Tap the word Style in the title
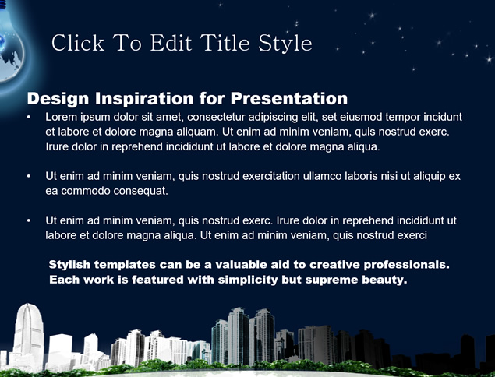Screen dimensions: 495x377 coord(285,44)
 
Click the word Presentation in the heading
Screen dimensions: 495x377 coord(289,98)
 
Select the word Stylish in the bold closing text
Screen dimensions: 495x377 coord(69,265)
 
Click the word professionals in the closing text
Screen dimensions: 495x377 coord(407,265)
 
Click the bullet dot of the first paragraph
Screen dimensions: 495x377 coord(29,117)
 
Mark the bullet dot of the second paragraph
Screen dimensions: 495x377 coord(29,176)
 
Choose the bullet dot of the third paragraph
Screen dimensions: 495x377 coord(29,220)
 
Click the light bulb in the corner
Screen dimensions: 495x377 coord(10,48)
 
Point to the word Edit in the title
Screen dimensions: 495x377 coord(171,43)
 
